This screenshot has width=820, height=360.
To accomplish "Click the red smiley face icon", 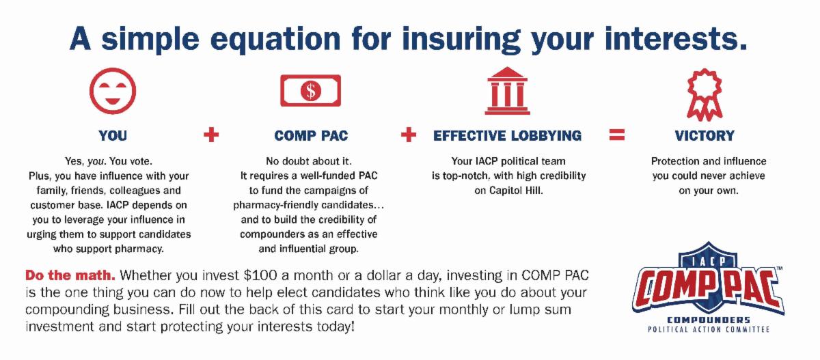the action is click(x=113, y=91).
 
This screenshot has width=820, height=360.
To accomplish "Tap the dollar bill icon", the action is click(x=310, y=90).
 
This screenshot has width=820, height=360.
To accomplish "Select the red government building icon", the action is click(x=507, y=90).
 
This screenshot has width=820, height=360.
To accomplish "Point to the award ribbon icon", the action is click(x=705, y=94).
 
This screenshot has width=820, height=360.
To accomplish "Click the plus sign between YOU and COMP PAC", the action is click(x=211, y=135).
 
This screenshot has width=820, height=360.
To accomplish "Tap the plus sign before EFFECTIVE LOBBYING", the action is click(x=409, y=135).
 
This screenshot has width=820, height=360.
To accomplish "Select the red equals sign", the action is click(x=617, y=135).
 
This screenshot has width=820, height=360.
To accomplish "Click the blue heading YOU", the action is click(x=113, y=136).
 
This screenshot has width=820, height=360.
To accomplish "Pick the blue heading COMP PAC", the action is click(x=311, y=136).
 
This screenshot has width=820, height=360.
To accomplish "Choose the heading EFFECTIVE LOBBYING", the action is click(x=507, y=136).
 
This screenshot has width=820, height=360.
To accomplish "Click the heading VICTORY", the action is click(x=705, y=136).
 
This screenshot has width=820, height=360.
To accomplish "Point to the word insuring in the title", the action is click(x=461, y=40).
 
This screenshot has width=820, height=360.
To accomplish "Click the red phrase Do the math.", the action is click(x=70, y=275).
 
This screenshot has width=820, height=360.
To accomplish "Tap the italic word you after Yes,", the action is click(x=96, y=162).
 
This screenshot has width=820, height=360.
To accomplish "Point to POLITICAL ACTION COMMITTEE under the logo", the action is click(x=709, y=330).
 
